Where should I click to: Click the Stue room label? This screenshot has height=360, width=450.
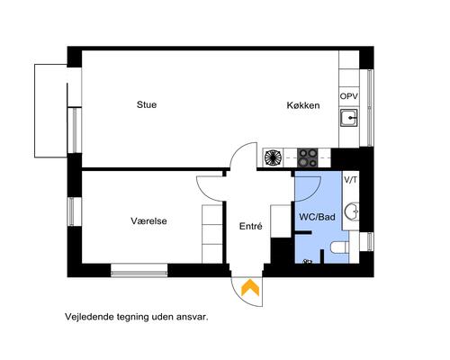pyautogui.click(x=147, y=104)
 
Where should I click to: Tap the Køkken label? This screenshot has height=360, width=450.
pyautogui.click(x=303, y=105)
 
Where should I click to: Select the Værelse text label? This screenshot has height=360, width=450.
pyautogui.click(x=148, y=220)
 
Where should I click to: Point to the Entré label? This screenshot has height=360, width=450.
pyautogui.click(x=249, y=227)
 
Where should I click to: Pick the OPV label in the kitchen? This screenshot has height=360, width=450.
pyautogui.click(x=348, y=96)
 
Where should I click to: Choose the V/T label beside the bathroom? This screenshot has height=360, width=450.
pyautogui.click(x=350, y=180)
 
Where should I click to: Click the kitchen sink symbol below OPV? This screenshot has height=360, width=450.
pyautogui.click(x=349, y=117)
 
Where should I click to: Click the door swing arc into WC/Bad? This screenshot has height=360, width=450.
pyautogui.click(x=309, y=185)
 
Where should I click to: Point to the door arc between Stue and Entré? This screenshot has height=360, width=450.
pyautogui.click(x=240, y=157)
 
